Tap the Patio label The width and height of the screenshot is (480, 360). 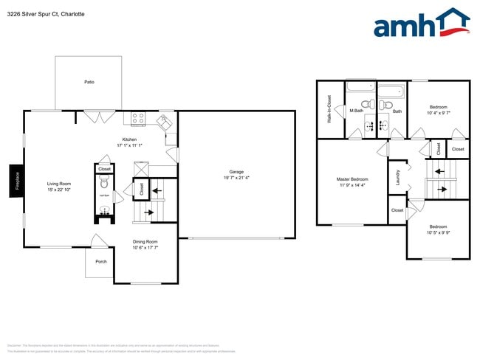[89, 82]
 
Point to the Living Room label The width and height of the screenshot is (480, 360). [59, 184]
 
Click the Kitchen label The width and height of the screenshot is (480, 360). [129, 139]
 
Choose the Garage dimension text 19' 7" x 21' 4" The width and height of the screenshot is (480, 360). [236, 178]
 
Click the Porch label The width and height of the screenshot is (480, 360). [100, 261]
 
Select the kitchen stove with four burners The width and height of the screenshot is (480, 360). [139, 117]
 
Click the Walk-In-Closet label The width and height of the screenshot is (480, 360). [329, 108]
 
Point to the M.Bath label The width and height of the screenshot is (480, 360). [357, 111]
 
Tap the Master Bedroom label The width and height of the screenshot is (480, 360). [352, 179]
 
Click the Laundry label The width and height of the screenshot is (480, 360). [399, 177]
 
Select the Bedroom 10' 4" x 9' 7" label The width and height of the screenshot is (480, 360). [439, 107]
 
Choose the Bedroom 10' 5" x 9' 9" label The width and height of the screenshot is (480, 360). [439, 226]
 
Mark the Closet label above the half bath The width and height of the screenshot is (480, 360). [104, 169]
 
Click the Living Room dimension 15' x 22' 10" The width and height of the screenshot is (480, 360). [59, 190]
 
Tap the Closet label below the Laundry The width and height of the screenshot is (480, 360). [397, 210]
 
